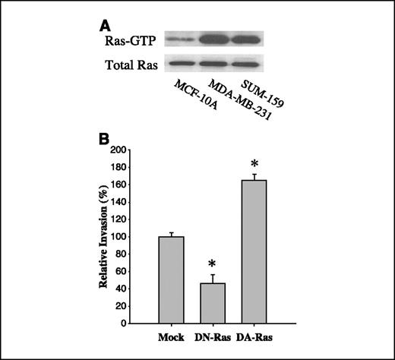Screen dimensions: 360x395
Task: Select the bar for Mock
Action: click(x=171, y=279)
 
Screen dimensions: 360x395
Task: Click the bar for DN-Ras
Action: click(x=213, y=303)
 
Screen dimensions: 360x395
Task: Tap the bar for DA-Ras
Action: click(x=255, y=251)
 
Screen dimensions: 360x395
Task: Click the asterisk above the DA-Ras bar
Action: click(x=255, y=166)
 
